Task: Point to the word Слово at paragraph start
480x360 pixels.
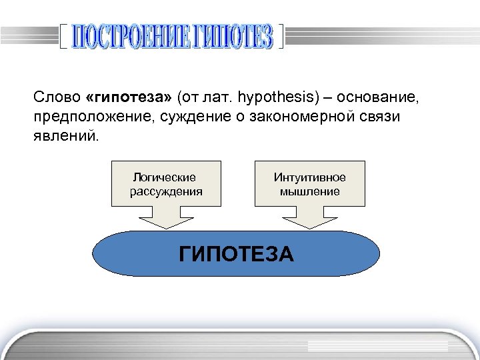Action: tap(57, 98)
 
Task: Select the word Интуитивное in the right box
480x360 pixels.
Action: tap(309, 177)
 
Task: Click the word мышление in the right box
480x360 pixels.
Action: tap(309, 191)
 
